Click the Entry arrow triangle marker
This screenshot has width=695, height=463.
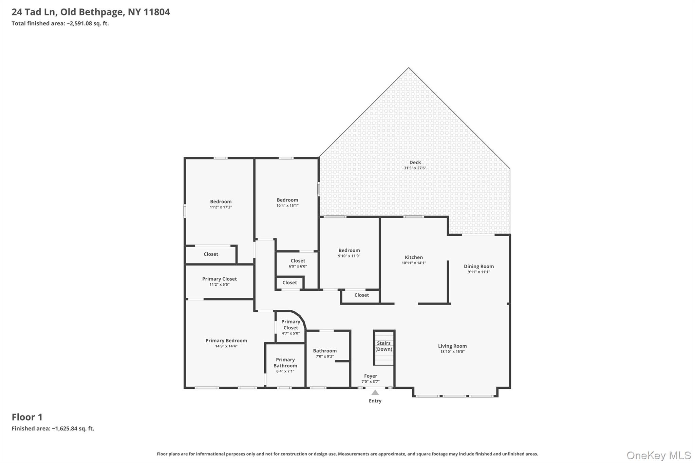click(375, 392)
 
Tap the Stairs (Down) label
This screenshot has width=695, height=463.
click(384, 346)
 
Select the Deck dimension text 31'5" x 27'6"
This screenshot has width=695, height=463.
click(415, 168)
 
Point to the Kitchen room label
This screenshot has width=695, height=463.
click(414, 257)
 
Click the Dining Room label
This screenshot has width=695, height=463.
click(479, 267)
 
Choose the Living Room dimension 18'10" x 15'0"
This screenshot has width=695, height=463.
click(452, 352)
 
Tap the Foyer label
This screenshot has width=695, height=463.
click(371, 376)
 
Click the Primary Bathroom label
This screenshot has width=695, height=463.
click(285, 363)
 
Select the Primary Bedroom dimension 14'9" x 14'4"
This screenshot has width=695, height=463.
click(226, 346)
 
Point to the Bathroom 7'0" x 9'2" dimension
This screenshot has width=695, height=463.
click(325, 356)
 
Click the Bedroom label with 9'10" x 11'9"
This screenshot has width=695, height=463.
click(349, 251)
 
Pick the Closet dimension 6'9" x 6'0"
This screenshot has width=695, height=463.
click(298, 266)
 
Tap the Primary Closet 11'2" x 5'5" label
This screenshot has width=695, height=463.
click(220, 279)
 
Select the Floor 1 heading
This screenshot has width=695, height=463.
click(27, 417)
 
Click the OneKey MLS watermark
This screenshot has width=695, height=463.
click(659, 456)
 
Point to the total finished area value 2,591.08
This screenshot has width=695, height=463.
click(81, 24)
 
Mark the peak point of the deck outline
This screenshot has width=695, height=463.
click(409, 67)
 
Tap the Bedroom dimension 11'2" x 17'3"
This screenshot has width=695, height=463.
click(221, 207)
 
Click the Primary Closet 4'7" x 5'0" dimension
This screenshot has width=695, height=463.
click(291, 333)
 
